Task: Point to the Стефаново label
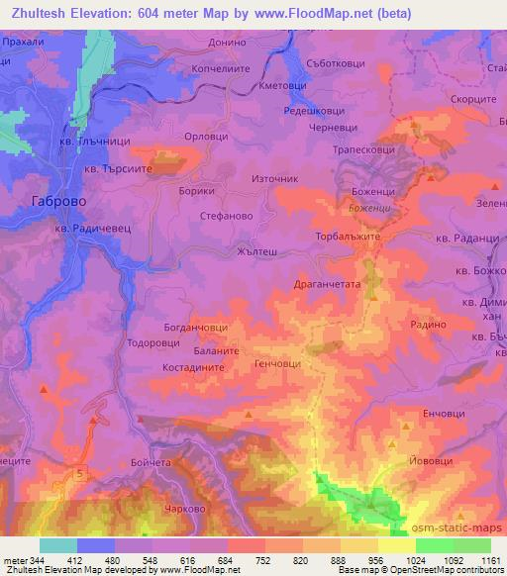227,214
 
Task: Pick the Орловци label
214,138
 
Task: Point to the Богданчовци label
195,325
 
